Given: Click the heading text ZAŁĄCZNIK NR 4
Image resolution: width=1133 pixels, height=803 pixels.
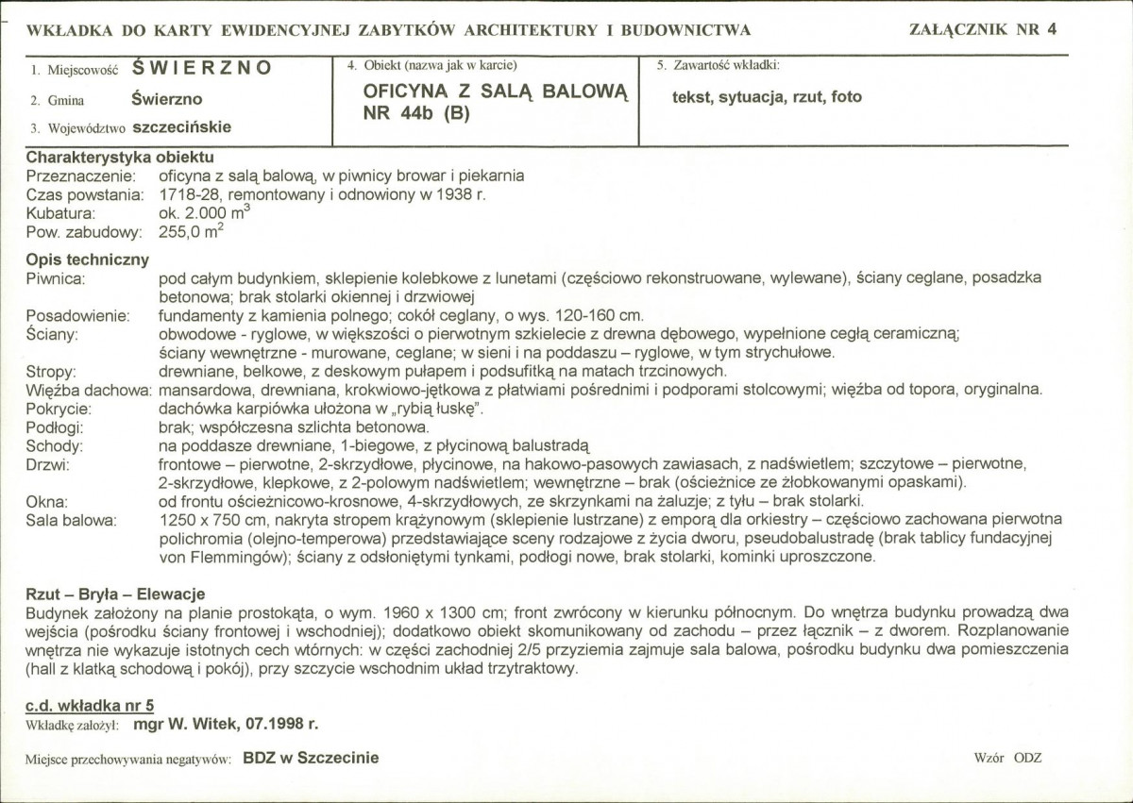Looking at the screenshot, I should coord(983,28).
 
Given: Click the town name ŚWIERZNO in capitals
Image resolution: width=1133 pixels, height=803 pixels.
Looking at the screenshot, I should coord(202,68).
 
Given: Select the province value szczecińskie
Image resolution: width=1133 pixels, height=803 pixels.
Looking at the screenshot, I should coord(182,126).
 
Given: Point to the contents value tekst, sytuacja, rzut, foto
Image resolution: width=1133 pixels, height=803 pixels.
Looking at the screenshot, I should coord(767,96).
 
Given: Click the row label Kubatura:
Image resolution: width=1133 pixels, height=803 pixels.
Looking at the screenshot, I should coord(60,213).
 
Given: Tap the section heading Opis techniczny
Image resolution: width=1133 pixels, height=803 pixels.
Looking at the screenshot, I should coord(87,259).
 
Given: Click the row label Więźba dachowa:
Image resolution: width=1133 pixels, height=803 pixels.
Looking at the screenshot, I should coord(90,390).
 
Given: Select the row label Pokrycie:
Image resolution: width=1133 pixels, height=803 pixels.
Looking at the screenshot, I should coord(59,409).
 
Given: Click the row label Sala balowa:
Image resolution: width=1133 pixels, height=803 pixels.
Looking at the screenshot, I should coord(71,520).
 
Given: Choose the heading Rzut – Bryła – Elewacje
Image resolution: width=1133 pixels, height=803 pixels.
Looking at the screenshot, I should coord(115,594).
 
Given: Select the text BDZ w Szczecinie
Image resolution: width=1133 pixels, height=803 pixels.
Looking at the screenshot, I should coord(311,758).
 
